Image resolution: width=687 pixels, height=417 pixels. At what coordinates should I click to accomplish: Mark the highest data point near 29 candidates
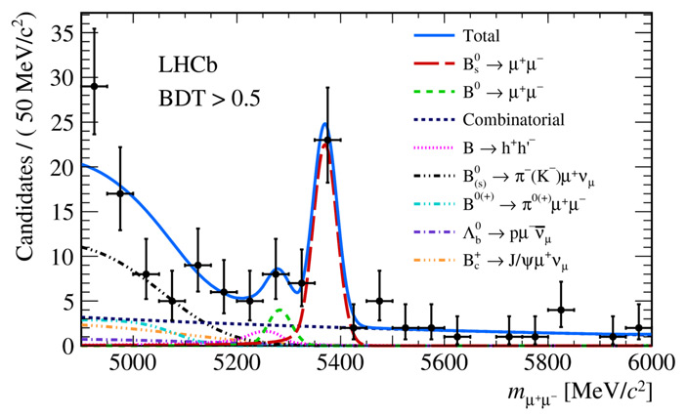click(94, 86)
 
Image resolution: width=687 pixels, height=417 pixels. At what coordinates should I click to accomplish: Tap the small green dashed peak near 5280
click(281, 310)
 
